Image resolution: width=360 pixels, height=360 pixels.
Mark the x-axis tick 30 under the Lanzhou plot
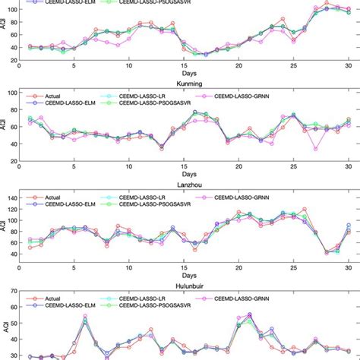(x=348, y=262)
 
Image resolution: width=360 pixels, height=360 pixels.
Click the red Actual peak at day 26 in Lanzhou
(x=305, y=209)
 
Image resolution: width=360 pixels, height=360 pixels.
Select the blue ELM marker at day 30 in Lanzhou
(x=348, y=226)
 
